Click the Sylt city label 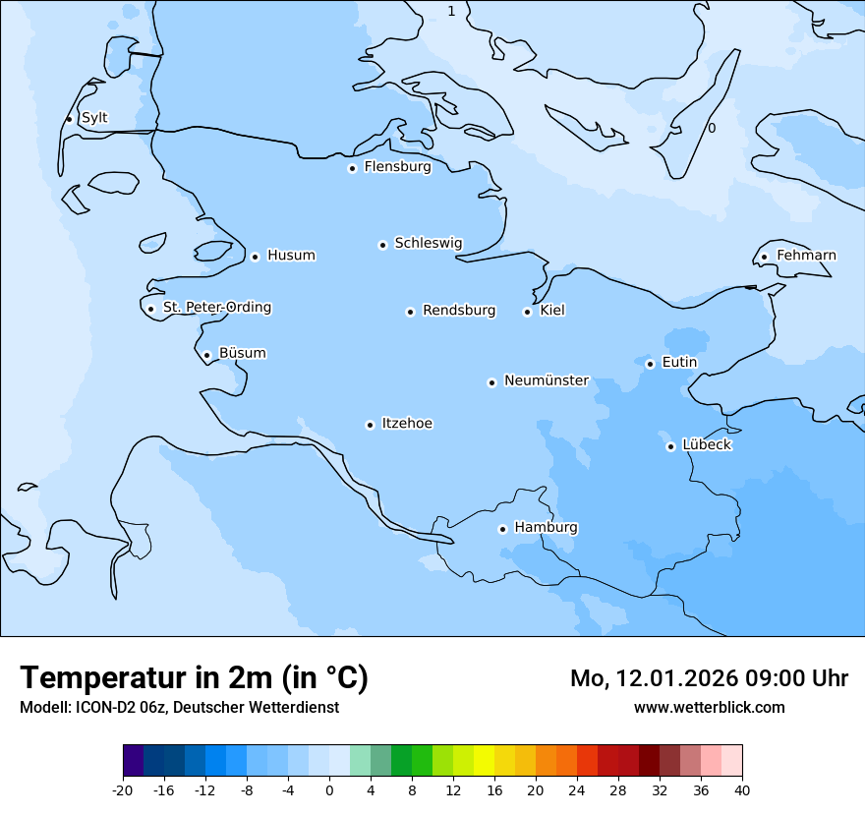[94, 118]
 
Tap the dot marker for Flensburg [352, 168]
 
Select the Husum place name [291, 256]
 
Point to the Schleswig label [428, 243]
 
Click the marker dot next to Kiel [527, 312]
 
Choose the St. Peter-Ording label [216, 308]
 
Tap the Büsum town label [242, 353]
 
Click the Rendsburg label [459, 311]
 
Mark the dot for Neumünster [491, 382]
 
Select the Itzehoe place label [407, 424]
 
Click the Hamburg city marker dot [502, 529]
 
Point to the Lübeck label [707, 444]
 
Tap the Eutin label [679, 362]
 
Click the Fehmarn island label [806, 256]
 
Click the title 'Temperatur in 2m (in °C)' [194, 677]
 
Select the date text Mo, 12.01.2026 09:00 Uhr [709, 678]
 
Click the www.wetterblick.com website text [709, 707]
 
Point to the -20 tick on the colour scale [123, 789]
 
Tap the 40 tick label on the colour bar [742, 789]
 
